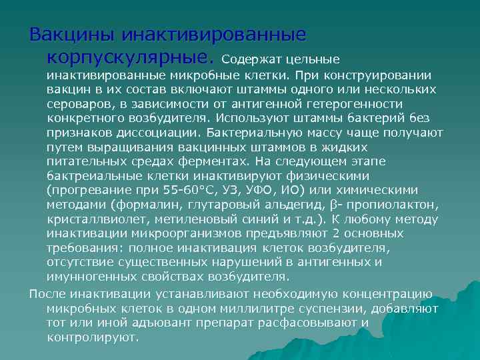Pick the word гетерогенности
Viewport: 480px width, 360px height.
pyautogui.click(x=350, y=104)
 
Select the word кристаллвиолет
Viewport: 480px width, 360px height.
pyautogui.click(x=89, y=219)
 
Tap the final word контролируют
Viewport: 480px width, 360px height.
pyautogui.click(x=93, y=337)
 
